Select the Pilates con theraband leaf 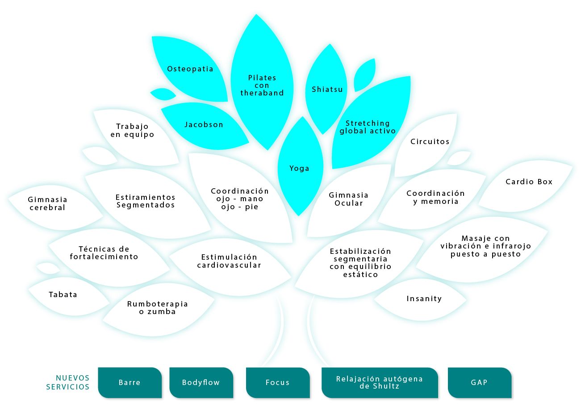(262, 85)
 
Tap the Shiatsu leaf (327, 89)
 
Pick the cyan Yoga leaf (299, 168)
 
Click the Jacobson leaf (204, 125)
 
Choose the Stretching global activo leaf (368, 127)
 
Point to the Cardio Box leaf (529, 182)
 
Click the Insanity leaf (424, 299)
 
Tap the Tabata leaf (63, 294)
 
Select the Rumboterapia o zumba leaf (157, 308)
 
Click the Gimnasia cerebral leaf (47, 203)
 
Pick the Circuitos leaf (430, 142)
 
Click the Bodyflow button (201, 382)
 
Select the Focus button (277, 382)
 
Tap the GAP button (479, 382)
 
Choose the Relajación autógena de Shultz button (379, 382)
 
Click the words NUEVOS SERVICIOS (68, 382)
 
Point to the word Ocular (349, 203)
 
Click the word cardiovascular (229, 265)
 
